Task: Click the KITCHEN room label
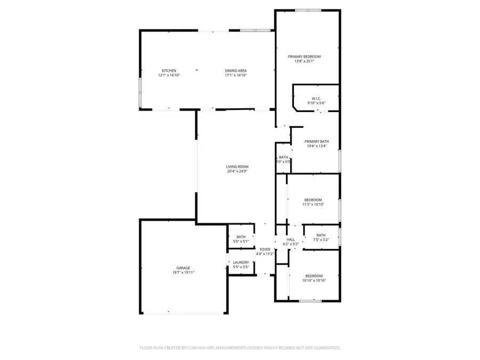coord(169,71)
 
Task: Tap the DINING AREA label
coord(235,71)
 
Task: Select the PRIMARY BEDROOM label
coord(305,57)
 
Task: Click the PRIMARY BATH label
coord(317,141)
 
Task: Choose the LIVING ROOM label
coord(237,167)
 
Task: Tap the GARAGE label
coord(183,268)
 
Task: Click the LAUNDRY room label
coord(241,262)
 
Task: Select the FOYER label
coord(265,249)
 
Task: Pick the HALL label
coord(291,240)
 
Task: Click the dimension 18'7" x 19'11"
coord(183,273)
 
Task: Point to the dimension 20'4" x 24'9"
coord(237,172)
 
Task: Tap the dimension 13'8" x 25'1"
coord(305,61)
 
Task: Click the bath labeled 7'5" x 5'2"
coord(321,237)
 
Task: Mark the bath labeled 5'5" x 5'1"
coord(241,239)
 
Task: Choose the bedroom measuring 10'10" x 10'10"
coord(314,278)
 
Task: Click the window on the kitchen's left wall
coord(140,93)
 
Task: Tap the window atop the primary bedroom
coord(308,10)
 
